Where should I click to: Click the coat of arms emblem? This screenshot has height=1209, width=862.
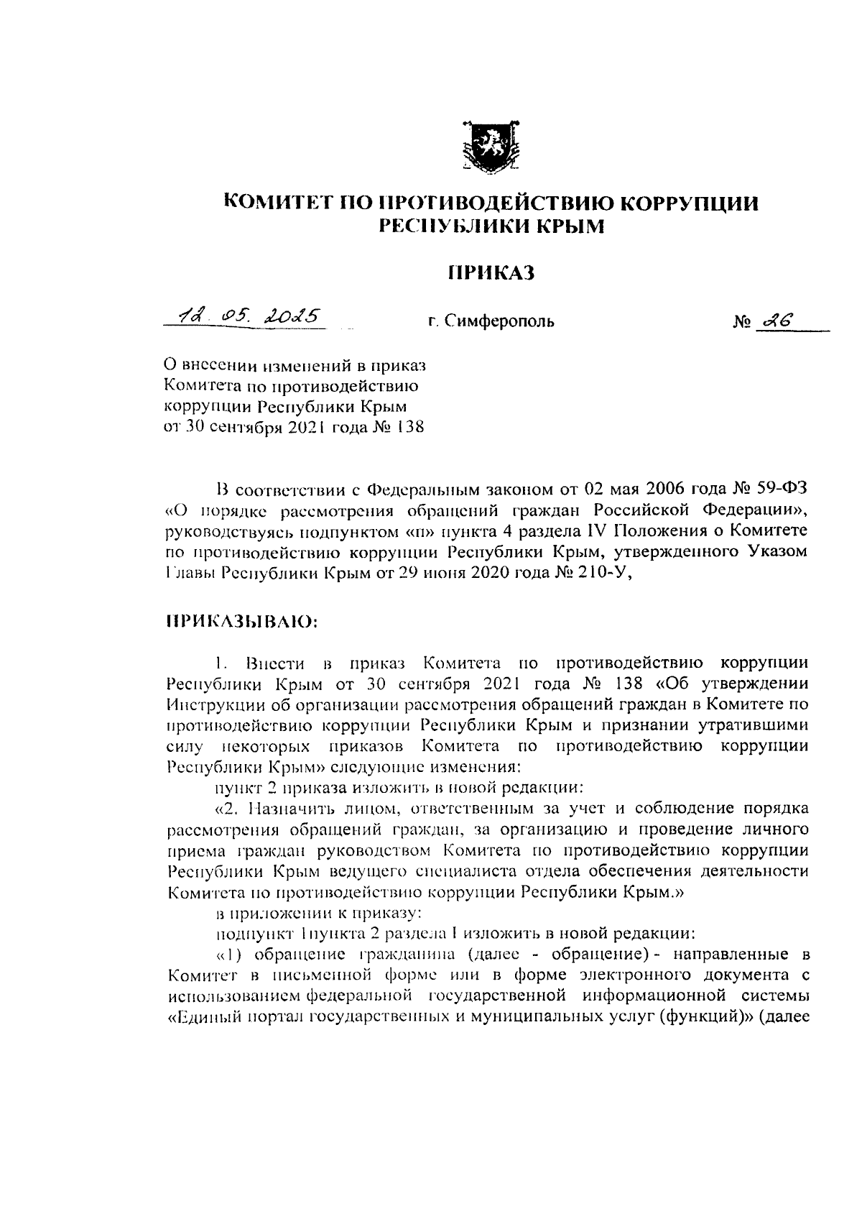[491, 146]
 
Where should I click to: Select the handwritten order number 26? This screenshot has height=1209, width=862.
[779, 321]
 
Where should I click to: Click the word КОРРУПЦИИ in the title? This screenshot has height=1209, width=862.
[690, 203]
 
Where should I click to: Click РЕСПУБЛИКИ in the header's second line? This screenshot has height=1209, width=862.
[445, 226]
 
